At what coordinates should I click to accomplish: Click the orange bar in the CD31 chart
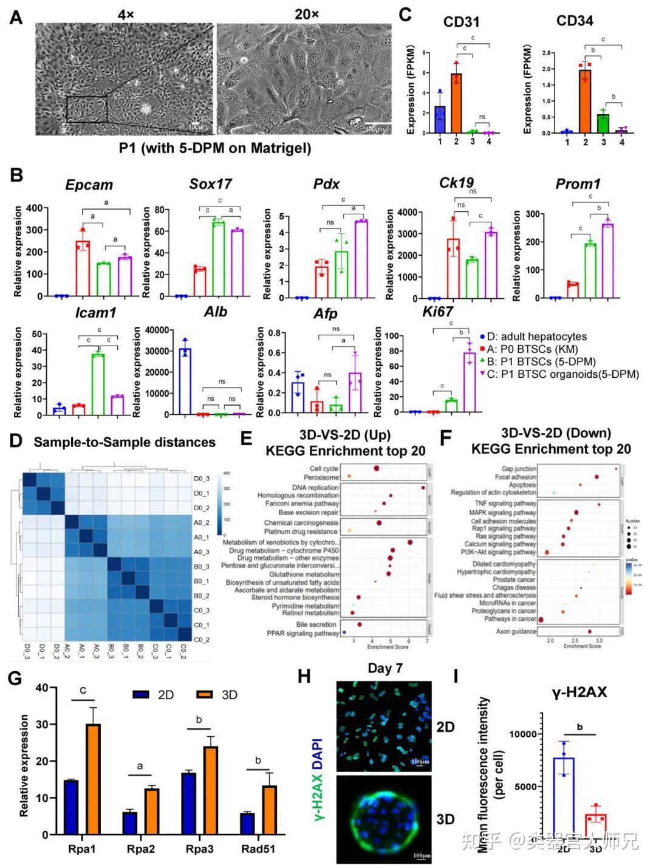(456, 103)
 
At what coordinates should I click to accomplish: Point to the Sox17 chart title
(210, 184)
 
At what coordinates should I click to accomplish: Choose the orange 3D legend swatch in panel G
(206, 694)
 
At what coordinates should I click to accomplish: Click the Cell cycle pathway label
(324, 469)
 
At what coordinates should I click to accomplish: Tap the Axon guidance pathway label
(515, 632)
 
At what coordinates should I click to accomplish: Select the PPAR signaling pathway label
(302, 634)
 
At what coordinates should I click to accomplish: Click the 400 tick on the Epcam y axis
(33, 208)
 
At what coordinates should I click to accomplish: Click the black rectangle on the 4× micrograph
(87, 109)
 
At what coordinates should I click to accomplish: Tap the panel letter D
(16, 442)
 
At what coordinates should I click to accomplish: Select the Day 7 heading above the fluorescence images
(385, 669)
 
